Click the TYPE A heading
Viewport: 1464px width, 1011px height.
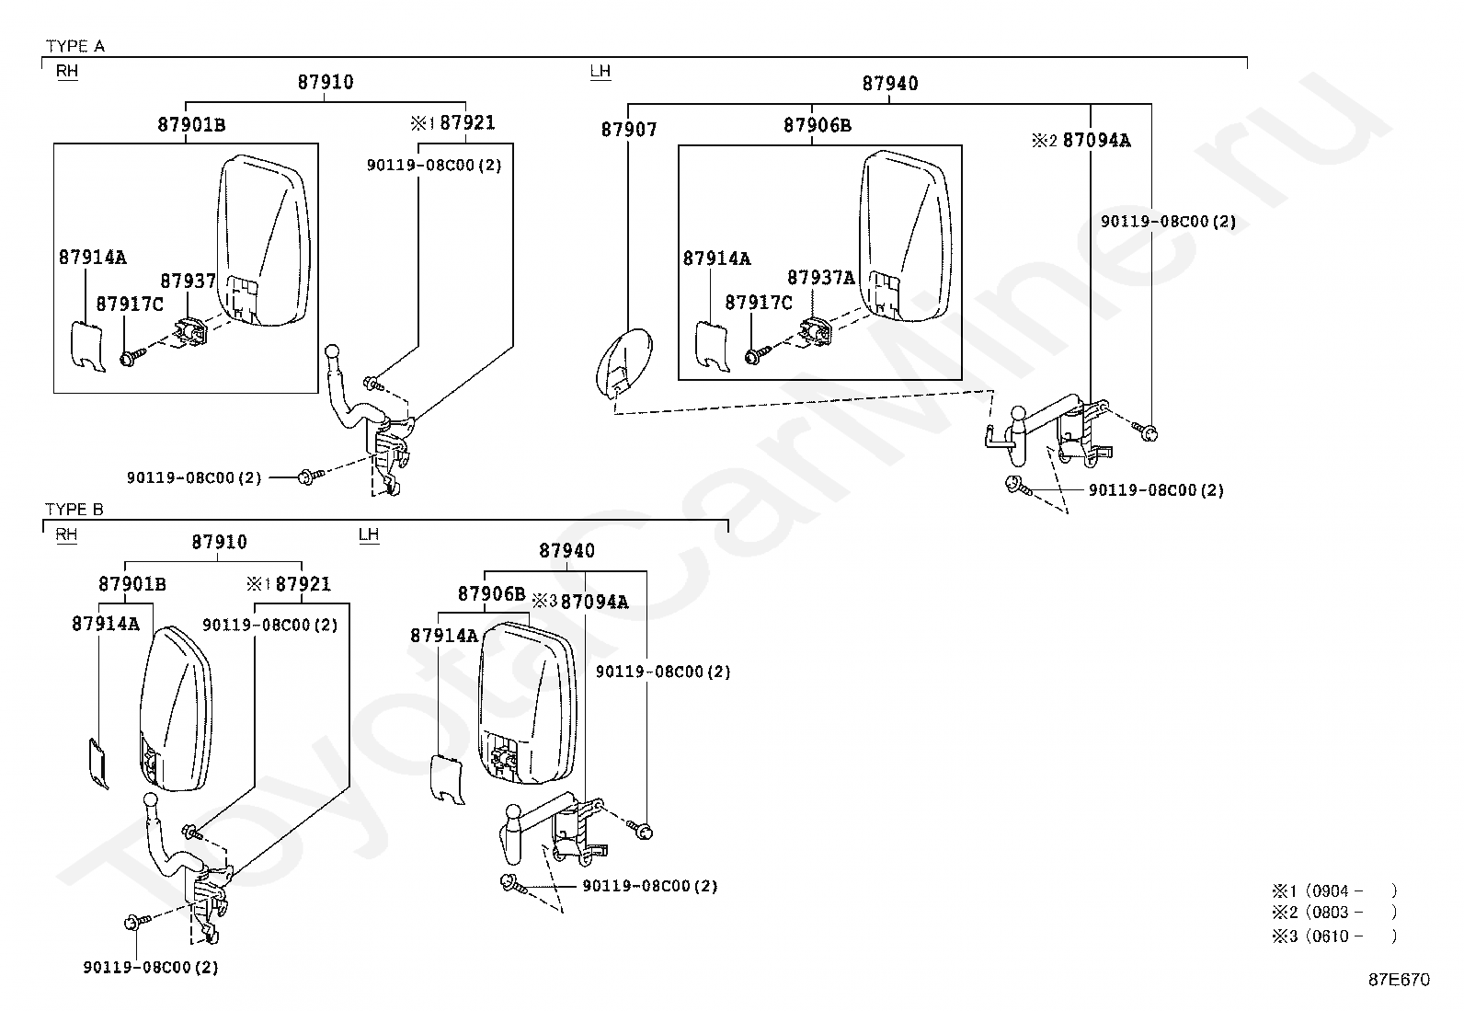(x=75, y=46)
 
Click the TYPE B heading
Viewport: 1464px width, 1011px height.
(x=74, y=509)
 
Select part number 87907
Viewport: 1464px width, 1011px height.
(x=629, y=130)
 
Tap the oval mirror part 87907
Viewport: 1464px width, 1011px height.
(x=623, y=363)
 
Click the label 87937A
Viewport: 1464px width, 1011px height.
(x=821, y=278)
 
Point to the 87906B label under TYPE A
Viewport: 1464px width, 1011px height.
(x=818, y=125)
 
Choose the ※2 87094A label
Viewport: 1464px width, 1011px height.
(x=1081, y=140)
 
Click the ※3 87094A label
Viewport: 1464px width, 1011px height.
(x=580, y=601)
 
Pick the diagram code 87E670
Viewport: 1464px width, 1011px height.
(x=1400, y=979)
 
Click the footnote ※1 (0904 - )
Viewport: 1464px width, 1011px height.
(x=1334, y=890)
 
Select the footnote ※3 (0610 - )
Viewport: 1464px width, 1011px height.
(x=1334, y=936)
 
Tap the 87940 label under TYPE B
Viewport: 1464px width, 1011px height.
(x=566, y=551)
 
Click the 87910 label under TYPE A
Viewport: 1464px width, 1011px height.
(x=326, y=82)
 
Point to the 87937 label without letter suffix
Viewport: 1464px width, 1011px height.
(x=189, y=281)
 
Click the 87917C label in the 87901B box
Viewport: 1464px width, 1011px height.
(x=130, y=304)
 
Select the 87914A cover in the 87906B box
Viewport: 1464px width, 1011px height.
(x=712, y=345)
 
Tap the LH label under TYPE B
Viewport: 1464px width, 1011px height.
(x=369, y=534)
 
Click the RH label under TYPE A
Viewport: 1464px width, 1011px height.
(x=66, y=71)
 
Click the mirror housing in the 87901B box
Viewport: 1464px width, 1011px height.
(x=263, y=240)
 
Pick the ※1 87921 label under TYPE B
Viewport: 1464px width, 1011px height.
(x=288, y=584)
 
